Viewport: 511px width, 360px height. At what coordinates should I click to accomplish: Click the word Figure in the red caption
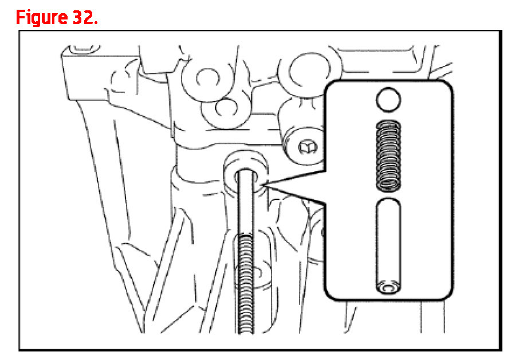41,18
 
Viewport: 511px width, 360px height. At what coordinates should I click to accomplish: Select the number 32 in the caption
82,17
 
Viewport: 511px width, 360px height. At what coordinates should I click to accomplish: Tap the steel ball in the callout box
388,99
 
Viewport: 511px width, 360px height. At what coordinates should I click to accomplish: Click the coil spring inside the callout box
388,155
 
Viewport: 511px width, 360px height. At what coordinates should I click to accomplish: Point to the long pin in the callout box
388,245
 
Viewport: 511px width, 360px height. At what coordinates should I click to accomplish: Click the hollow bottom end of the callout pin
388,287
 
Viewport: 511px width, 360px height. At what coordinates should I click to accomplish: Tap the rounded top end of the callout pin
388,202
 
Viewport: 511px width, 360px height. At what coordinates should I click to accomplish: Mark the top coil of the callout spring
388,123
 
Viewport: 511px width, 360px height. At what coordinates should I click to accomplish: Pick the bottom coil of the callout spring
388,186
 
